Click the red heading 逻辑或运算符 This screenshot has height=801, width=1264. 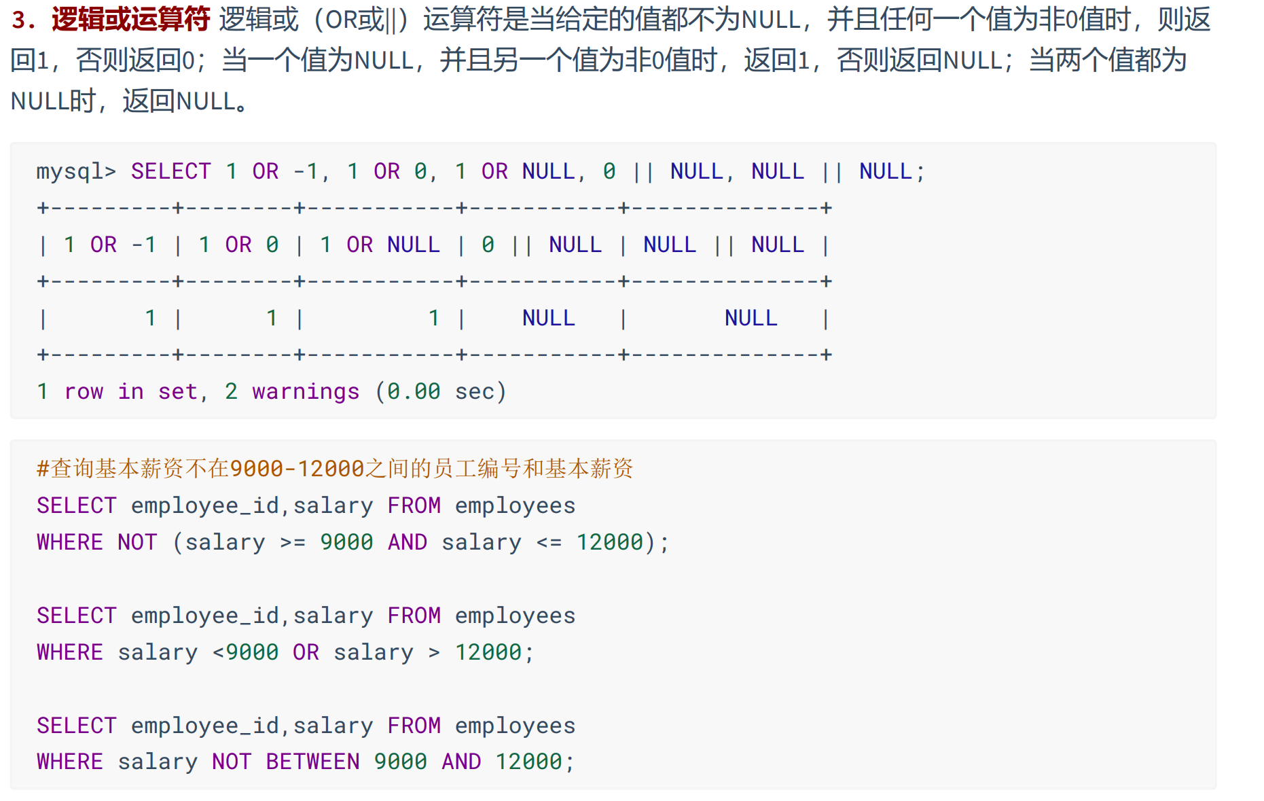pos(130,20)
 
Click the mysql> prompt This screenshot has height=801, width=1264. pos(76,171)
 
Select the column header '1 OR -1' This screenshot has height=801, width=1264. pos(110,245)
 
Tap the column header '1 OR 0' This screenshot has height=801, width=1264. pos(238,245)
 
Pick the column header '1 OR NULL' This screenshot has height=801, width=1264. pos(380,245)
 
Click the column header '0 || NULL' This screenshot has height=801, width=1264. pos(541,245)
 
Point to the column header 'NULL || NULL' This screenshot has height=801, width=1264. pos(723,245)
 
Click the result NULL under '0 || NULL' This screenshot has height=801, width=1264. pos(548,318)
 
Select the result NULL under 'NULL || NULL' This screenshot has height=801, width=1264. pos(751,318)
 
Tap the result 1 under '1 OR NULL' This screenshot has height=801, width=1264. pos(434,318)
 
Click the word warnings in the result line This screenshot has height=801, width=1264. pos(306,391)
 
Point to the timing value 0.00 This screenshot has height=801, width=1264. pos(413,391)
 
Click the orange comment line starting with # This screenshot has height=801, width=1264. pos(335,469)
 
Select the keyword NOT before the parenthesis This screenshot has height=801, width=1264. pos(137,542)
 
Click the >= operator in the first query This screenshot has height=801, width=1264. pos(293,542)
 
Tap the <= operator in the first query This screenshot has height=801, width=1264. pos(549,542)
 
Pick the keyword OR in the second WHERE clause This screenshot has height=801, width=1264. pos(306,652)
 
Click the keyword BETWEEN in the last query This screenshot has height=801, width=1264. pos(312,762)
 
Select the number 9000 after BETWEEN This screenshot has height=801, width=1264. pos(400,762)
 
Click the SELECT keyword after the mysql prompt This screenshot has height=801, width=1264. pos(170,171)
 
